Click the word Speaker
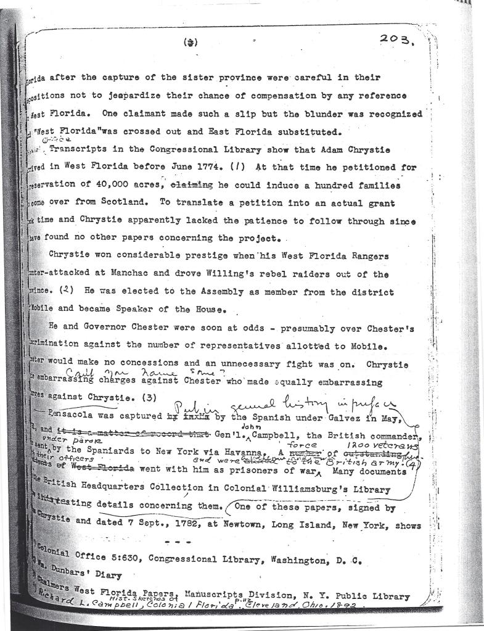click(x=139, y=310)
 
